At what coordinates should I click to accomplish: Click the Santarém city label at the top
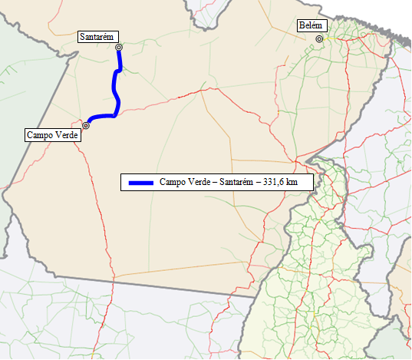click(x=97, y=37)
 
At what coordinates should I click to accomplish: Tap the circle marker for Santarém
click(x=119, y=48)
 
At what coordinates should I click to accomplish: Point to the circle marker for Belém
click(x=318, y=38)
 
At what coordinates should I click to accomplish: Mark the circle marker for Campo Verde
click(x=86, y=125)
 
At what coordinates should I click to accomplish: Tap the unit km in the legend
click(x=291, y=183)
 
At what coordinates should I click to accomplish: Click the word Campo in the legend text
click(x=173, y=183)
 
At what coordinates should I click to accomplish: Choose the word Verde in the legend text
click(x=199, y=183)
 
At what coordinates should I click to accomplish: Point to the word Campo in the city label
click(x=38, y=134)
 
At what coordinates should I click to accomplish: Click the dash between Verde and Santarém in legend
click(x=215, y=183)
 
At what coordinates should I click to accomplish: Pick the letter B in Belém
click(x=301, y=26)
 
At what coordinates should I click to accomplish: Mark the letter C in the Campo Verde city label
click(x=29, y=134)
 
